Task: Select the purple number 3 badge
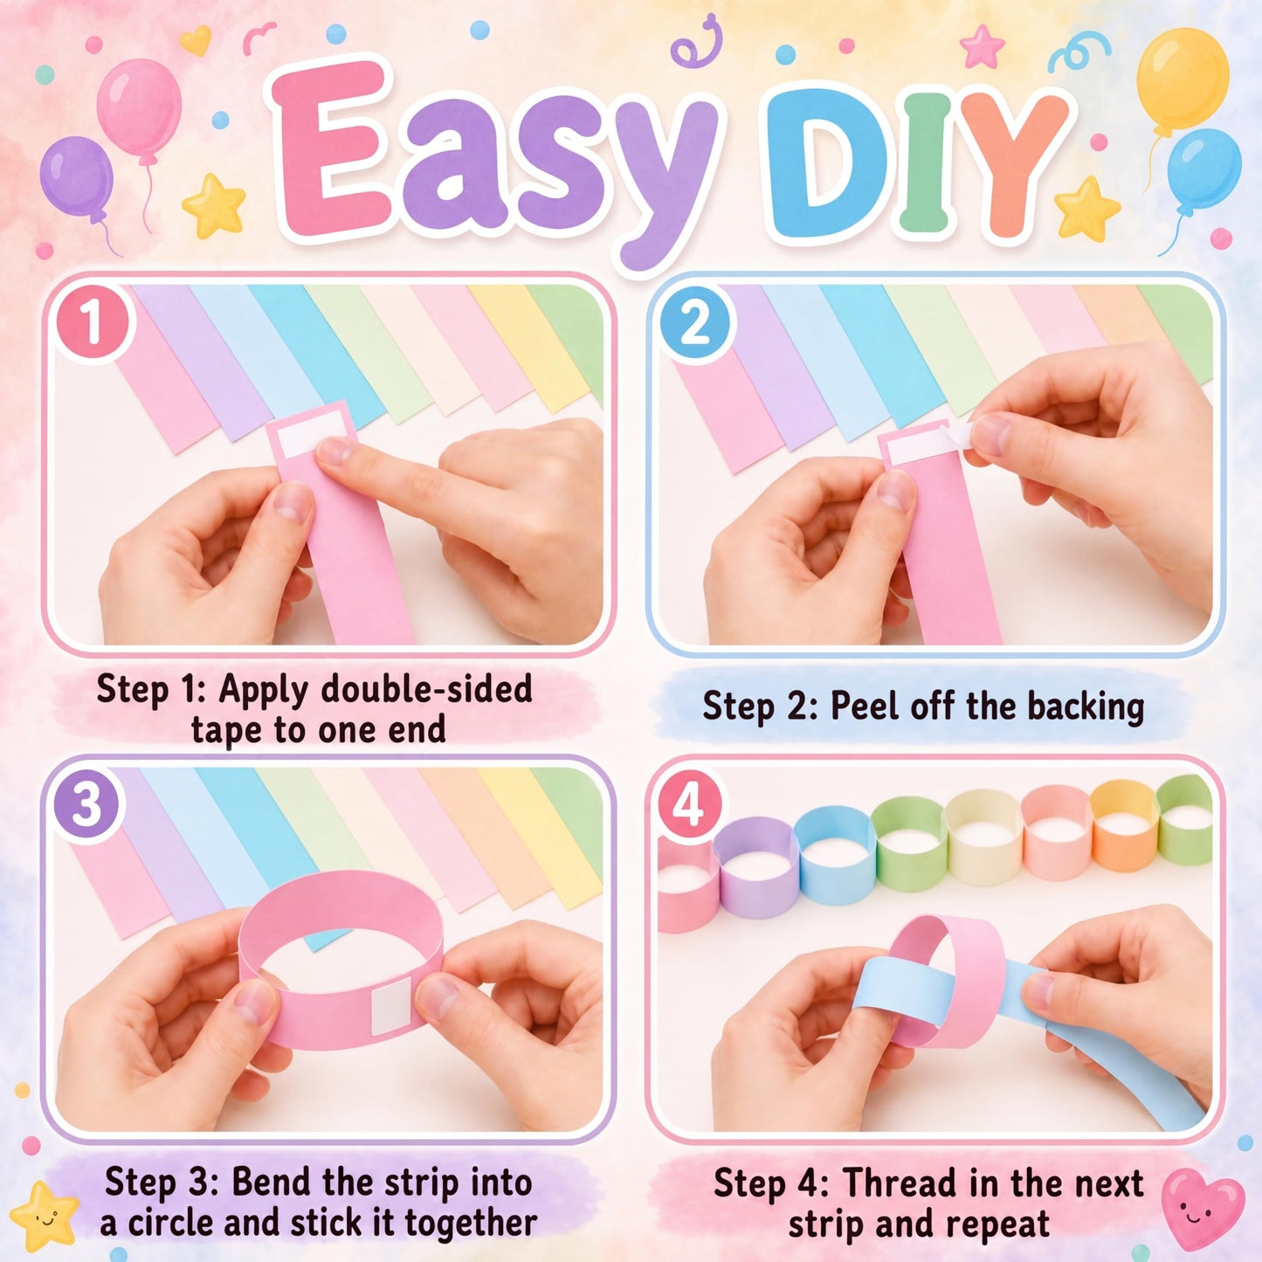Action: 87,805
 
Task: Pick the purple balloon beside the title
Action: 77,176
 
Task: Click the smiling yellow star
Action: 43,1216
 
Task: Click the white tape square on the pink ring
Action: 390,1007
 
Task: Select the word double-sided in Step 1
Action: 426,690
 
